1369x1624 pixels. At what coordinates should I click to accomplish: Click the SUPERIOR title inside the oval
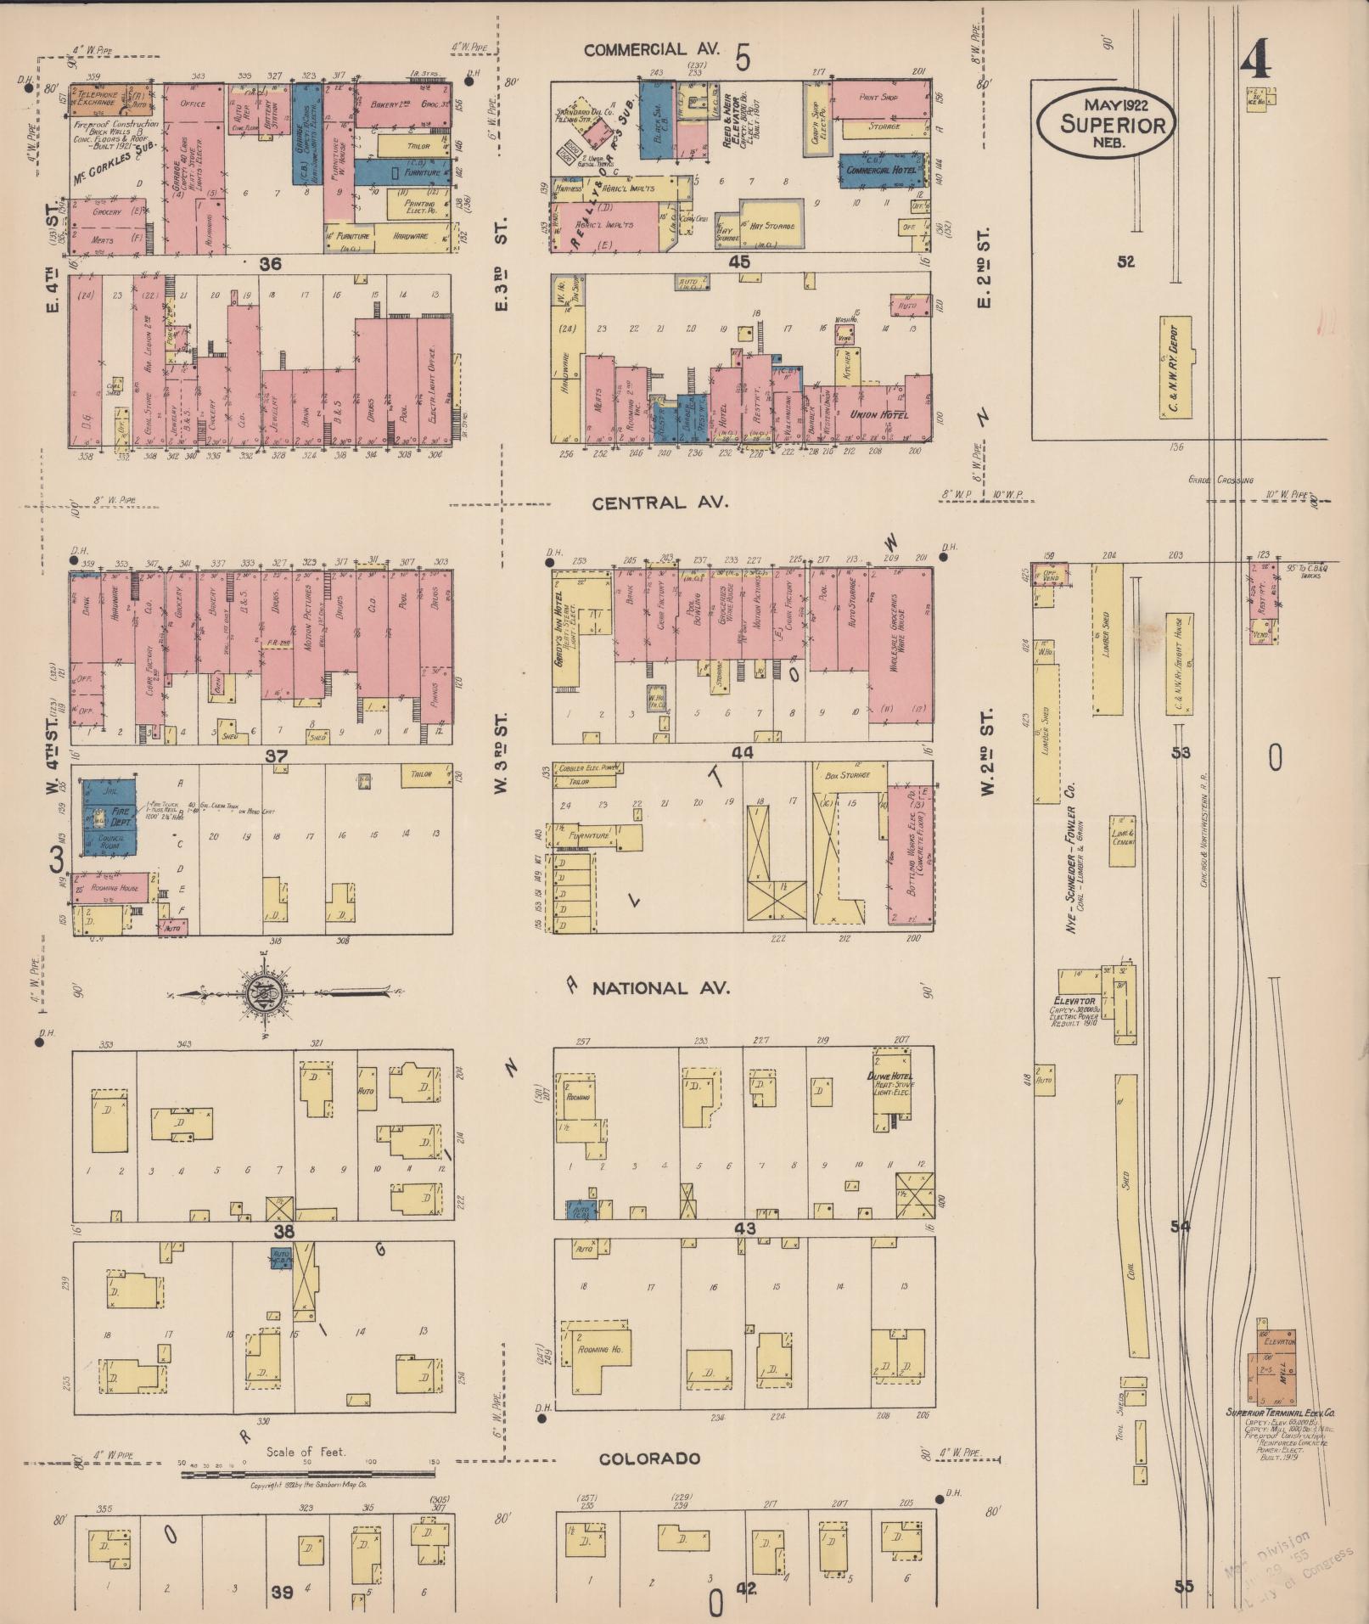click(x=1104, y=124)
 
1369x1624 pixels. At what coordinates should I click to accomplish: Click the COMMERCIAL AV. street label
click(x=647, y=50)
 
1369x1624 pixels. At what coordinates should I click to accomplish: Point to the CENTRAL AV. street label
click(x=660, y=503)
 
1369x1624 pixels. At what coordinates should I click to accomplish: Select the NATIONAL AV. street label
click(x=660, y=989)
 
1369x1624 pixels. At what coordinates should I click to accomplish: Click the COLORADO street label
click(x=649, y=1458)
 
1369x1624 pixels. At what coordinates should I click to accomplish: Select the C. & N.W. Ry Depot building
click(x=1175, y=368)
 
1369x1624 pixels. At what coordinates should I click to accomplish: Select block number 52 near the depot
click(x=1125, y=262)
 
